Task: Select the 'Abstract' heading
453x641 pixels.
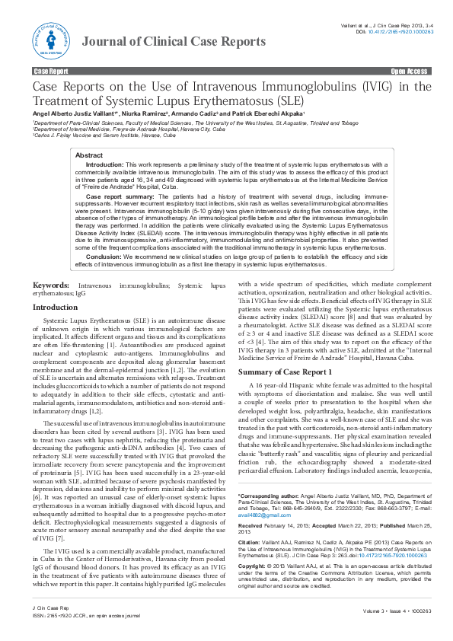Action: click(89, 155)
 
